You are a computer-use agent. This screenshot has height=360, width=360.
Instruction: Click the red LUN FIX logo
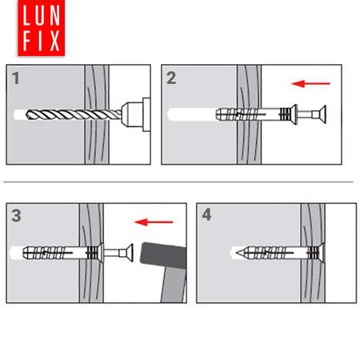click(x=42, y=28)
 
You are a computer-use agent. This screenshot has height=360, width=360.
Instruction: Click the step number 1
click(x=16, y=78)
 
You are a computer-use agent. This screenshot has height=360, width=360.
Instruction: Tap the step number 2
click(x=171, y=78)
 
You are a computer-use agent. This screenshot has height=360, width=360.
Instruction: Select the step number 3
click(x=16, y=215)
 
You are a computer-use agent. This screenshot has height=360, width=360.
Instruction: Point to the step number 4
click(x=206, y=214)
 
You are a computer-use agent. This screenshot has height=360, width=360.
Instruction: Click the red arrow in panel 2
click(x=311, y=84)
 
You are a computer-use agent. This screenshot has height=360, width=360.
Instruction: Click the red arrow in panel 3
click(x=154, y=222)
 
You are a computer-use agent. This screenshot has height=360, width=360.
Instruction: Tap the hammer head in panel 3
click(x=163, y=255)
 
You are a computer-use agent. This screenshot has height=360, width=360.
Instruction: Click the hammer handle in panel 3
click(x=174, y=285)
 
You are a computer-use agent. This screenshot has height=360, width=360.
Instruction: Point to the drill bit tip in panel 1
click(x=26, y=114)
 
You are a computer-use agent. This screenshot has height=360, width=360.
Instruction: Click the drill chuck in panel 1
click(x=135, y=114)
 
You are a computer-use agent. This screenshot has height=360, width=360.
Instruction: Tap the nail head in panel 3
click(x=130, y=253)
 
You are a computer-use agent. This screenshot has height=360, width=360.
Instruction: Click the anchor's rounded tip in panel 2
click(x=217, y=114)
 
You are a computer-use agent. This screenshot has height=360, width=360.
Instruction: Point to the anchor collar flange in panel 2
click(x=294, y=114)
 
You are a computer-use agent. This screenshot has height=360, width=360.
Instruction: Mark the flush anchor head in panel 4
click(x=322, y=253)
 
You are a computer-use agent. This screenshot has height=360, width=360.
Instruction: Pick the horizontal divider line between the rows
click(x=178, y=182)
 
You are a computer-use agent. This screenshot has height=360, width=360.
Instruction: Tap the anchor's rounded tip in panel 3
click(x=24, y=253)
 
